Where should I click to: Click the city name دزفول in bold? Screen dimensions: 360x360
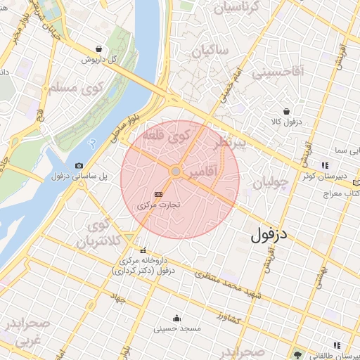(270, 234)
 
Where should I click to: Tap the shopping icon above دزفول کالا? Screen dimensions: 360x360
(286, 111)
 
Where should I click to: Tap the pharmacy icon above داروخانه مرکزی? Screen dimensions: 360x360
(143, 250)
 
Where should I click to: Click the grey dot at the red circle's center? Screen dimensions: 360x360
(175, 171)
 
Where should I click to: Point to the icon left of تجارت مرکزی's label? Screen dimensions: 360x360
(157, 193)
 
